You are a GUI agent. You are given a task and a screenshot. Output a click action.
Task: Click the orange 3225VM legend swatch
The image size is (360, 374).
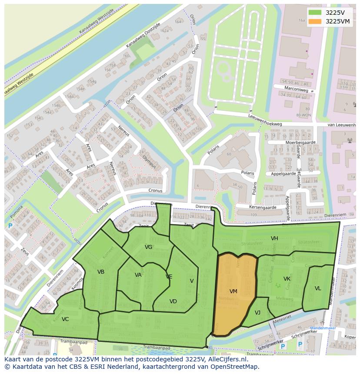315,21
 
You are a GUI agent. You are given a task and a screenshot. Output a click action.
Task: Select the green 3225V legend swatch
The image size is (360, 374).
315,12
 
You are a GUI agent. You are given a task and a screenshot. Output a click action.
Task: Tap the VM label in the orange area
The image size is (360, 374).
233,291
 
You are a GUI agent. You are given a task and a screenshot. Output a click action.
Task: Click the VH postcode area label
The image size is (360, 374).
274,238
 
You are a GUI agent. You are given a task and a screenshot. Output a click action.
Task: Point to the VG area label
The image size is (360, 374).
149,247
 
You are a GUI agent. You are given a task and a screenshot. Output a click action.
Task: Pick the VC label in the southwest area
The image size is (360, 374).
65,319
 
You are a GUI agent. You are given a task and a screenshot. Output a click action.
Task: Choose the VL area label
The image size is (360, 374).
318,288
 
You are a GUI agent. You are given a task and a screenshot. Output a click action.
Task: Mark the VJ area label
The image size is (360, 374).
257,313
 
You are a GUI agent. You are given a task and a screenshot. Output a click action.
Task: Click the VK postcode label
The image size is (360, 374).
287,279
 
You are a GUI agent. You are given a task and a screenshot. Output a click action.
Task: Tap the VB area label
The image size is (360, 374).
101,272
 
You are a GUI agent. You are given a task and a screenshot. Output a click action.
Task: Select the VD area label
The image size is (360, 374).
173,301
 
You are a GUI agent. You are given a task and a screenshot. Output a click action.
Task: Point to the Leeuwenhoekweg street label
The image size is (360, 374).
265,124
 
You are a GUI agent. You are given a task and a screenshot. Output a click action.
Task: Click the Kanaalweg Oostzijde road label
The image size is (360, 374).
143,35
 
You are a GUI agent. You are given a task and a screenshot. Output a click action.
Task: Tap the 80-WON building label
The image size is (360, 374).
304,115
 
